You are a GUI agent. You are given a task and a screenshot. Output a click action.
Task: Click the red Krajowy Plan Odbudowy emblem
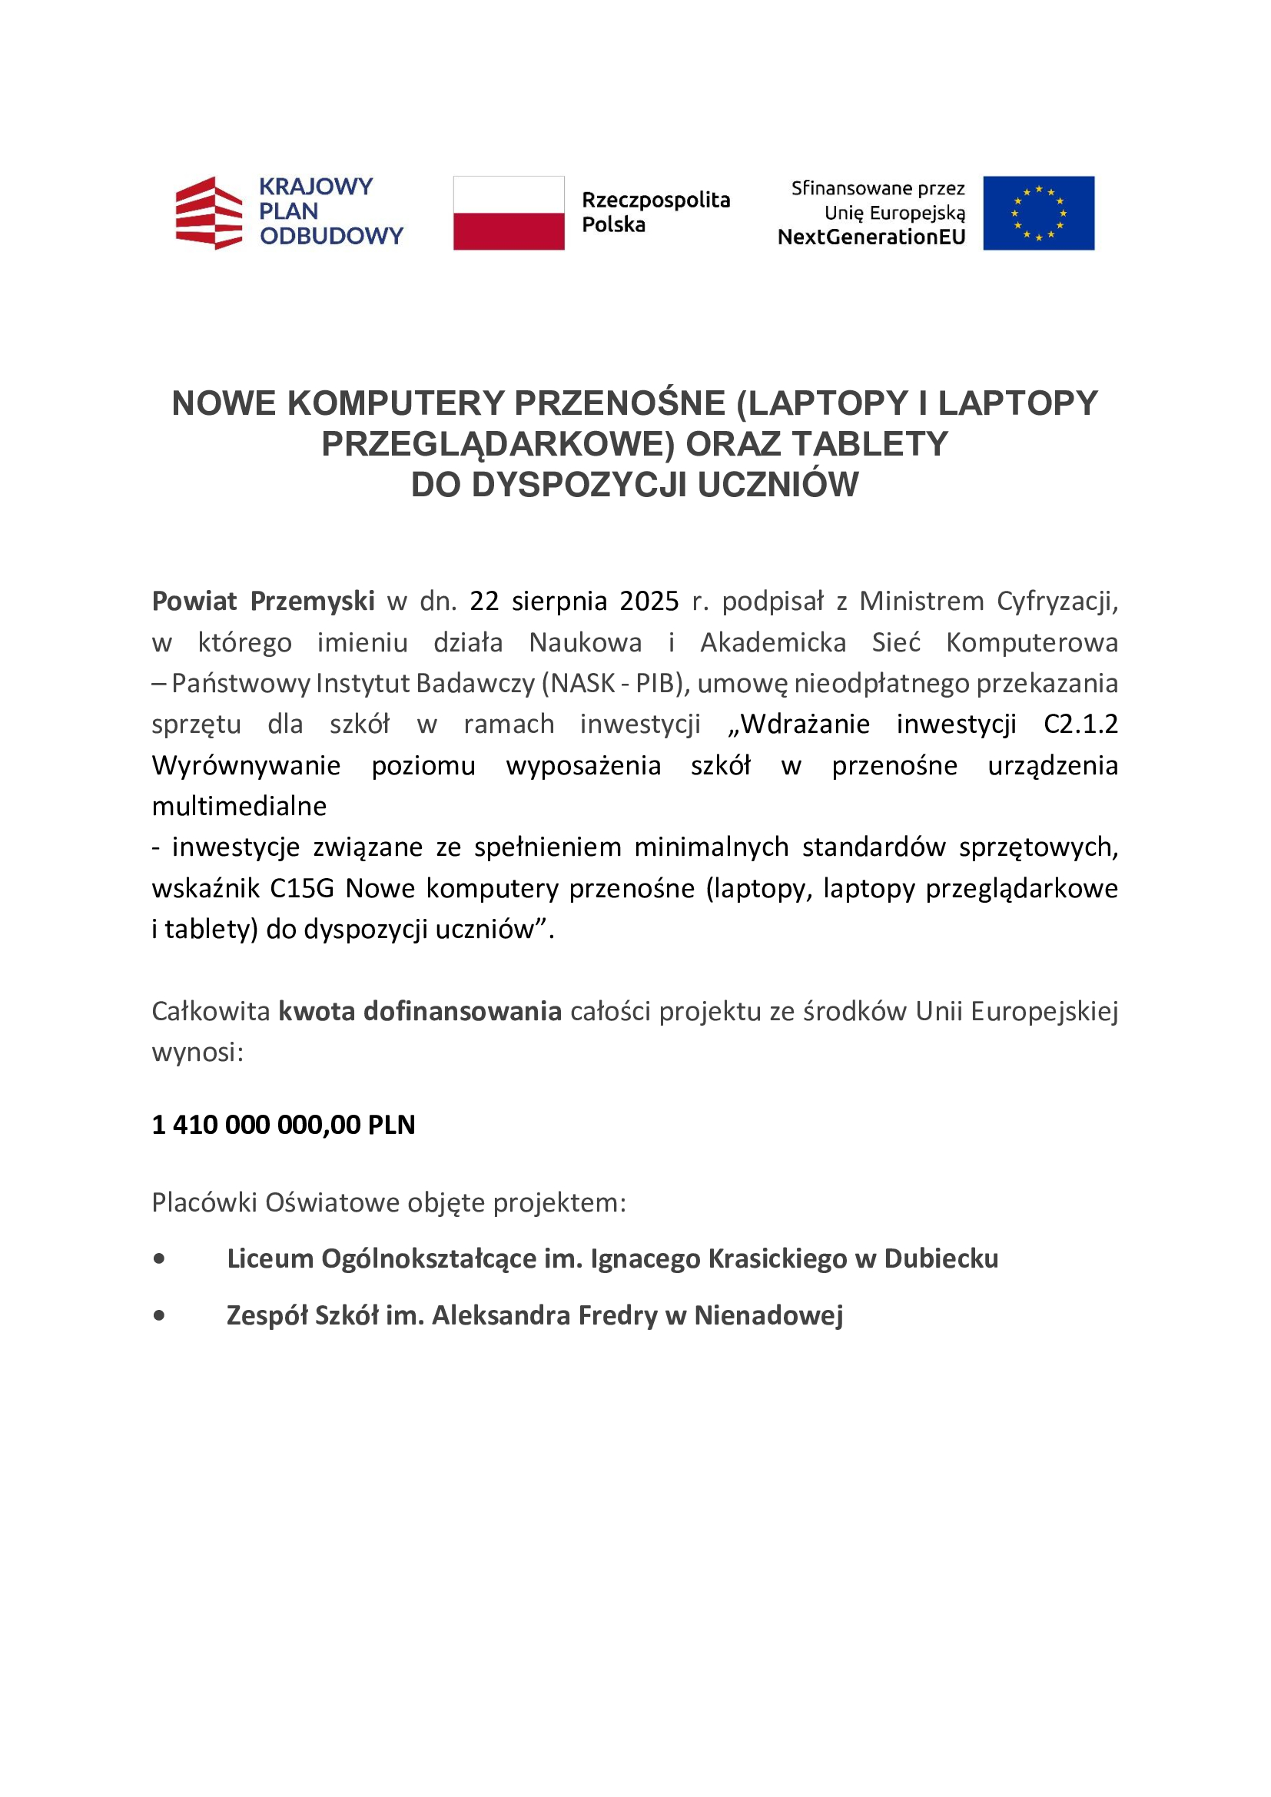pos(209,213)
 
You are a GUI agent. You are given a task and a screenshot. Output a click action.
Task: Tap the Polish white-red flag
pos(509,213)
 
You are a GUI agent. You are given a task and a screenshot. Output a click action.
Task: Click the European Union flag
pos(1039,213)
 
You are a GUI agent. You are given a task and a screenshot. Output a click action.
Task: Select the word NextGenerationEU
pos(871,237)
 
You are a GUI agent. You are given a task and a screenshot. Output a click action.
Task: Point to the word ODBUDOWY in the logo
pos(331,236)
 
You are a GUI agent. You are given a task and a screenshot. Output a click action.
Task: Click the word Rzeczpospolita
pos(655,201)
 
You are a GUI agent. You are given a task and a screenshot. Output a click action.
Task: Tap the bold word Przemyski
pos(312,601)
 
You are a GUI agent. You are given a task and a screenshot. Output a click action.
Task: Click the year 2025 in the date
pos(649,601)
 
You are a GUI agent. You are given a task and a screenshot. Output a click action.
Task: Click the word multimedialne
pos(239,806)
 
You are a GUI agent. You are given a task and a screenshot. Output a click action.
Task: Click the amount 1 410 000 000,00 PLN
pos(284,1125)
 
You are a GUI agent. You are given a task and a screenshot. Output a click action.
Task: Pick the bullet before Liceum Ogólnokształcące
pos(160,1258)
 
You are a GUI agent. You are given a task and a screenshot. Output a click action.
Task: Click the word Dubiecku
pos(941,1258)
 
